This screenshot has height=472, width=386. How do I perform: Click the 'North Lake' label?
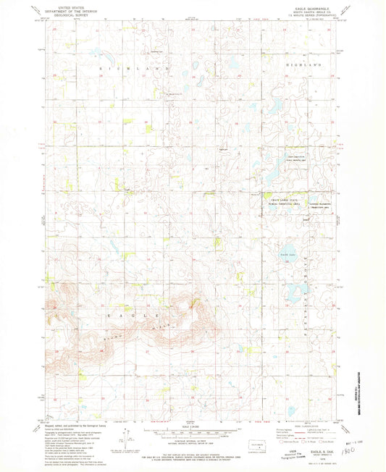[x=288, y=254]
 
